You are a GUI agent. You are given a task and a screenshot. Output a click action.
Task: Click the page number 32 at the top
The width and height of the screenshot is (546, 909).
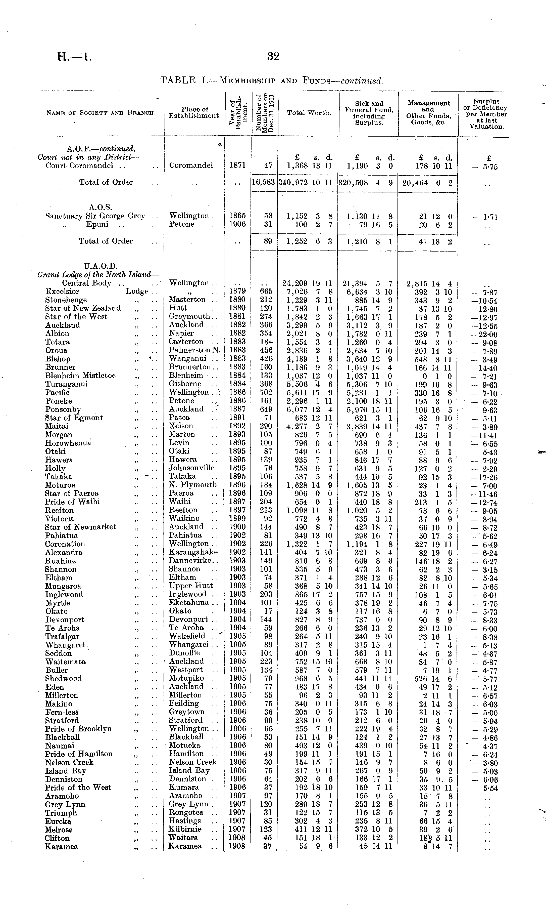coord(273,56)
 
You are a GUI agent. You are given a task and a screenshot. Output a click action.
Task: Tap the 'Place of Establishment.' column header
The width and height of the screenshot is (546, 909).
coord(195,112)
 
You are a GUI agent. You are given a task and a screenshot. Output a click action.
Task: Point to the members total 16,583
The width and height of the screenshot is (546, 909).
coord(264,182)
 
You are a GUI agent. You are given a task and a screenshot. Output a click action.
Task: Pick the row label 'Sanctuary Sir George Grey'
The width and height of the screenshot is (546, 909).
coord(95,216)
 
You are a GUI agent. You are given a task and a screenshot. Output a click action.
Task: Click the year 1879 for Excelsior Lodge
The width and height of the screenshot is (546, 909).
coord(237,291)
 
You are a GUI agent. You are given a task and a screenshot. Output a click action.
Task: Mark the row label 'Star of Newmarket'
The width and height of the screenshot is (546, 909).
coord(81,527)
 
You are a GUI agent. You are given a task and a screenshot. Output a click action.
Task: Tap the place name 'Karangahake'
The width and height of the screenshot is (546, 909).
coord(193,552)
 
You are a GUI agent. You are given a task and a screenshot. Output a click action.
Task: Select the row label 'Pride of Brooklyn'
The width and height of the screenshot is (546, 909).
coord(78,728)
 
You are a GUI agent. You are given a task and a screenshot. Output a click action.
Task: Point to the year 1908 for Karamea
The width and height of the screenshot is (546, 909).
coord(237,846)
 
